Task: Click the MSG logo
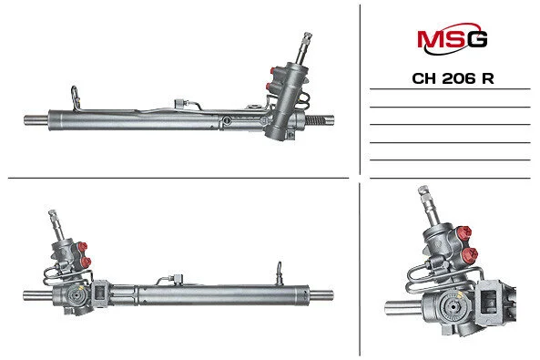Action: [453, 38]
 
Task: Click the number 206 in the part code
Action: [458, 79]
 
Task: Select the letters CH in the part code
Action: [424, 79]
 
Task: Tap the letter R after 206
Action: [488, 79]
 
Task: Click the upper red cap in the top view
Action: [274, 71]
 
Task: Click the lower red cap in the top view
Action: [270, 87]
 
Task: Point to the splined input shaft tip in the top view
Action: [307, 36]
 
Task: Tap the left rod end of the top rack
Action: [36, 120]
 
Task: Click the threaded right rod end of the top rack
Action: [320, 120]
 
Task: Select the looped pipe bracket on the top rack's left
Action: [75, 98]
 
